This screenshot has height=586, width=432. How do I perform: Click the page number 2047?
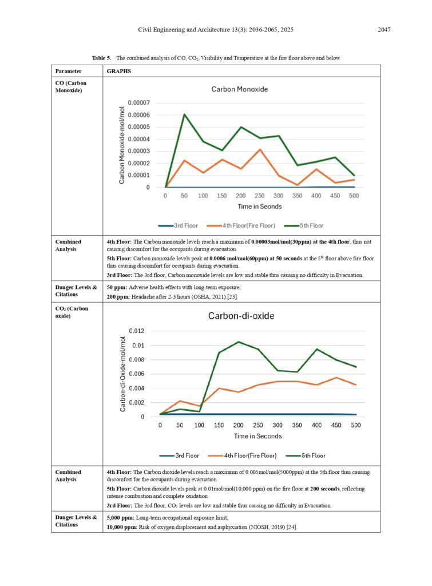tap(384, 30)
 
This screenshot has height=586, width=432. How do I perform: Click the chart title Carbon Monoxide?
tap(240, 89)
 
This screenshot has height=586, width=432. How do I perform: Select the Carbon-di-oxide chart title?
tap(241, 316)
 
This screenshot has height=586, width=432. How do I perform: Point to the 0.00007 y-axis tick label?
tap(138, 103)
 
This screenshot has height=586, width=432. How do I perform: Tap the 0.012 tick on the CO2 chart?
tap(136, 331)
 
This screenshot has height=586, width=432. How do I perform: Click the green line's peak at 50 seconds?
tap(184, 114)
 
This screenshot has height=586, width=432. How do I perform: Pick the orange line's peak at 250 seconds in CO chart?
tap(260, 149)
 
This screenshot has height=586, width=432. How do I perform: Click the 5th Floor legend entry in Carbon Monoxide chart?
tap(303, 225)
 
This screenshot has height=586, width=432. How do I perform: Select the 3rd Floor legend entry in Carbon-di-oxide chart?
tap(179, 456)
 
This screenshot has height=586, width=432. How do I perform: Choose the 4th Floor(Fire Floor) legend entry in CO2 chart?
tap(242, 456)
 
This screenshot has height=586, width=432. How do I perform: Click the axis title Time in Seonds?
tap(260, 206)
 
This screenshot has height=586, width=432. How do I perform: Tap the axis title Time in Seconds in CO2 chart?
tap(258, 436)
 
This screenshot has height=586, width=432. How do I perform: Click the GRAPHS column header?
tap(119, 71)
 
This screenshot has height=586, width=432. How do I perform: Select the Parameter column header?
tap(69, 71)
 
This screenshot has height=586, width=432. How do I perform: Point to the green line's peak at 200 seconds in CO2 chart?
tap(239, 342)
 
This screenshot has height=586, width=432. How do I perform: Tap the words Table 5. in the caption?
tap(102, 58)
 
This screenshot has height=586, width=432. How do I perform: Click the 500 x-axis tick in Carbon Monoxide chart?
tap(354, 196)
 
